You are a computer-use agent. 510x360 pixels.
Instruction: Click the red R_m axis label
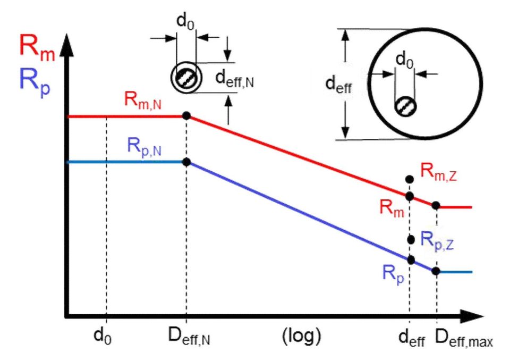point(35,47)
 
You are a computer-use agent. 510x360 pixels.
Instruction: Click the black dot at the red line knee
point(186,115)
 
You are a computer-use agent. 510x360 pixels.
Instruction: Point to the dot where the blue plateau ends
point(186,162)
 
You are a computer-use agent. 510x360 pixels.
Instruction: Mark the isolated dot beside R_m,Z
point(409,179)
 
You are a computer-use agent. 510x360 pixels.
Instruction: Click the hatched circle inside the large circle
point(405,105)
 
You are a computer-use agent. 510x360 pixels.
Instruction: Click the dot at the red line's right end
point(436,205)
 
